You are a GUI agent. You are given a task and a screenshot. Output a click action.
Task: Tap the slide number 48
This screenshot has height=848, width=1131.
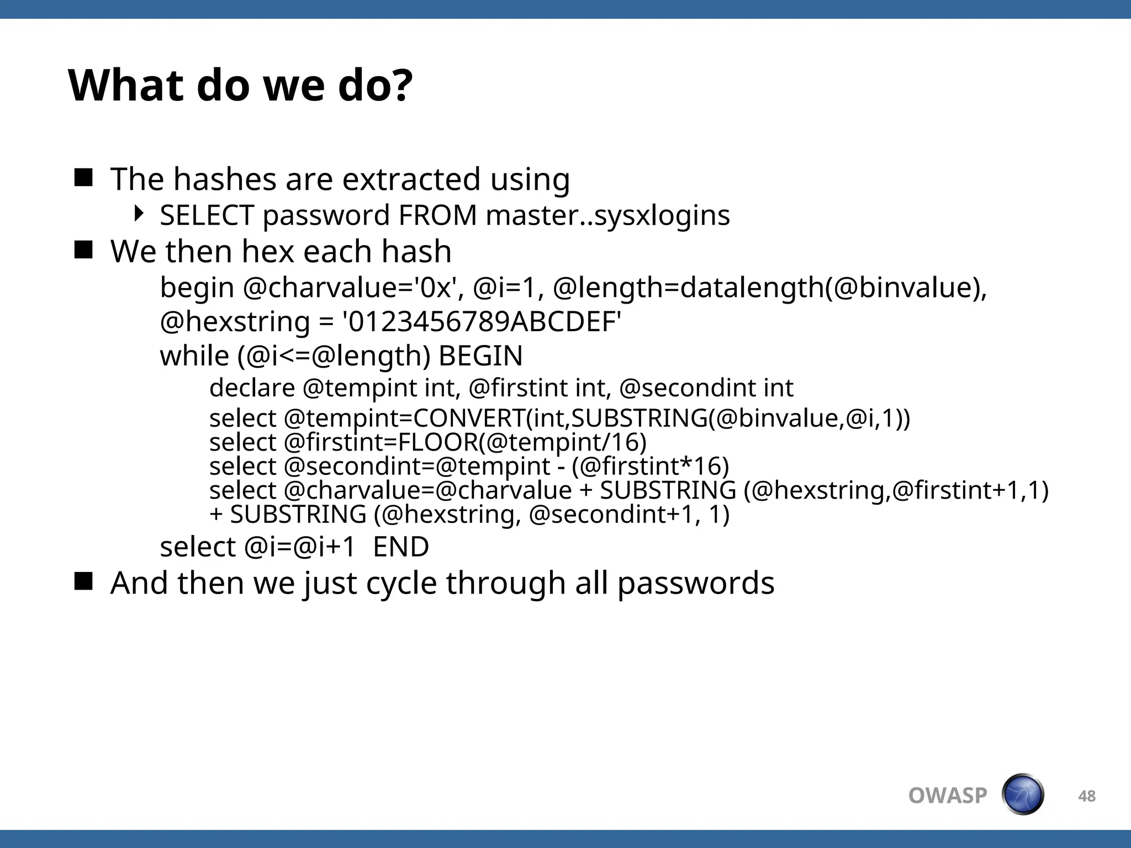click(1087, 796)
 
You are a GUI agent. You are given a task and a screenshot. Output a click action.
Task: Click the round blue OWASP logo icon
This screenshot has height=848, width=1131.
click(1023, 794)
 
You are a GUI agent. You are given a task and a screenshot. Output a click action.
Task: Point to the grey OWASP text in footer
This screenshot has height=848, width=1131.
click(948, 796)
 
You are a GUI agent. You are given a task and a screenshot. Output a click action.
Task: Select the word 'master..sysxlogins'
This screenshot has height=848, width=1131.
click(607, 215)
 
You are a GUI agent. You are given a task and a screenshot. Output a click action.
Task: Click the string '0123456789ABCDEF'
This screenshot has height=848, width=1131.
click(482, 322)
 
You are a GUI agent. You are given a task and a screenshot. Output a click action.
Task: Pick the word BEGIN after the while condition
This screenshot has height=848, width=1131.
click(480, 356)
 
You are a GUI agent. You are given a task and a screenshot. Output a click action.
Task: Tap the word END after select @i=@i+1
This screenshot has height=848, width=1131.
click(401, 547)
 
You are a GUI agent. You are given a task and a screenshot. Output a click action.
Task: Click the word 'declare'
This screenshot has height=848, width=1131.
click(252, 388)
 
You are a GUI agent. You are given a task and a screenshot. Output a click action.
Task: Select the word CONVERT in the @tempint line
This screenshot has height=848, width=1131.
click(469, 418)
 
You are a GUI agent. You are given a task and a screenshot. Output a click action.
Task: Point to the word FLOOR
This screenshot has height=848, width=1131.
click(438, 442)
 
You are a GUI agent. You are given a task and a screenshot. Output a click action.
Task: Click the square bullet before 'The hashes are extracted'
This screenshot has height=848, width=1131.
click(83, 178)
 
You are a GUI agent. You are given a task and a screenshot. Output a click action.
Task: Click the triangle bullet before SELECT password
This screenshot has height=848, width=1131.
click(139, 213)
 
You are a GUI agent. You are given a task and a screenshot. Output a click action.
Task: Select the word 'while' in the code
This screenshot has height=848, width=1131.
click(194, 356)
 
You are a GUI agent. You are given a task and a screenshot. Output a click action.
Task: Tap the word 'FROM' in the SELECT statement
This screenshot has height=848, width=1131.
click(437, 215)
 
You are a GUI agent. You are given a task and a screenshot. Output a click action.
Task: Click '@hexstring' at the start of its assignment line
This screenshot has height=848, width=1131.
click(235, 322)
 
